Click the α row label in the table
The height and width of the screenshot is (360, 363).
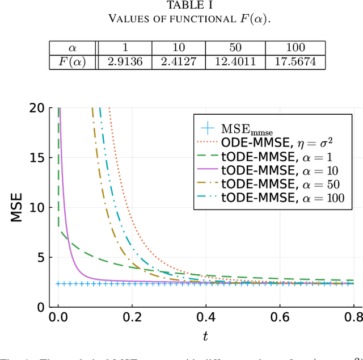point(72,48)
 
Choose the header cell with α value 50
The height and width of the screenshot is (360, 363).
point(237,48)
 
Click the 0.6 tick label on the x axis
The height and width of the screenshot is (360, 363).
point(279,318)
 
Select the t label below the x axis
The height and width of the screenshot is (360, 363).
point(205,336)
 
